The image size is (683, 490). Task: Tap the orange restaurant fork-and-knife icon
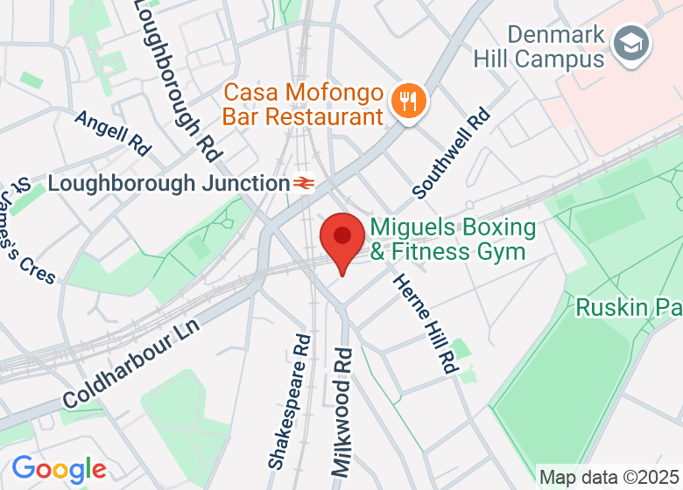coord(408,101)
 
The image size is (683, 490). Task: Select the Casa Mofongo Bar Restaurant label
coord(304,104)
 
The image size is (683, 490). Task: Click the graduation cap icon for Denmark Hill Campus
coord(630,43)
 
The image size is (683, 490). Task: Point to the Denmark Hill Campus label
coord(539,47)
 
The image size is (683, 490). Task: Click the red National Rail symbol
coord(304,184)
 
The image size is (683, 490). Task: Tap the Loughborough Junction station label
coord(168,184)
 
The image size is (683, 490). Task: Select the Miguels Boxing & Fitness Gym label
coord(453,240)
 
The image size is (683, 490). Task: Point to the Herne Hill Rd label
coord(426,324)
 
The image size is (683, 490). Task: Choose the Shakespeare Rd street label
coord(290,399)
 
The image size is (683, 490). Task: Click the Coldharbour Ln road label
coord(131,362)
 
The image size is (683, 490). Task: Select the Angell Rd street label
coord(113,132)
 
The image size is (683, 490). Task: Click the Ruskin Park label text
coord(628,307)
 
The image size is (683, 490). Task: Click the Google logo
coord(59,470)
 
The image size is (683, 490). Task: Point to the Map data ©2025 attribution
coord(608,478)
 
